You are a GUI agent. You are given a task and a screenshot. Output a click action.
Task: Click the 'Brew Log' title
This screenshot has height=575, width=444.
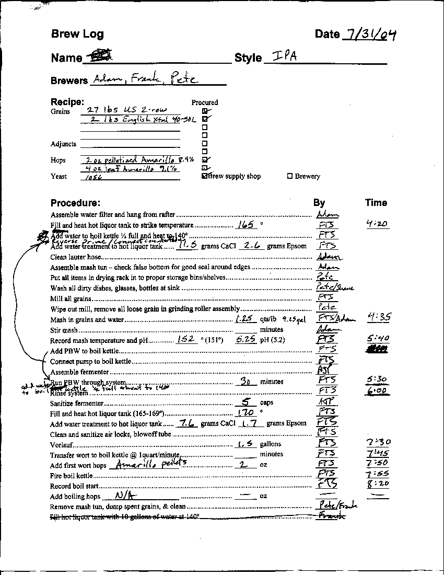(x=77, y=34)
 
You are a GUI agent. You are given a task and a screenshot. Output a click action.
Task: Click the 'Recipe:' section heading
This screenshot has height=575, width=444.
(x=67, y=102)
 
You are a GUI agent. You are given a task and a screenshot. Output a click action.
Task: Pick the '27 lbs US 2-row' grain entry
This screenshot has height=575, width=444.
(x=118, y=110)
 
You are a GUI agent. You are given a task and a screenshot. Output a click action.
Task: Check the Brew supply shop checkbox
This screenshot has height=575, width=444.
(x=205, y=177)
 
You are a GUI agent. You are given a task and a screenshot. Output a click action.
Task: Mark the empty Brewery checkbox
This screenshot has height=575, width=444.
(x=290, y=177)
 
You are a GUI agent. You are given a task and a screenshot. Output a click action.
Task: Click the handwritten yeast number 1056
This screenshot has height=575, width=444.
(x=93, y=177)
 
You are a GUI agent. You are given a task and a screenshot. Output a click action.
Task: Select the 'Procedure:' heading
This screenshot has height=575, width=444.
(x=75, y=203)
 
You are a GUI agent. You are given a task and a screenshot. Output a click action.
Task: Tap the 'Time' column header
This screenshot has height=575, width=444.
(x=376, y=203)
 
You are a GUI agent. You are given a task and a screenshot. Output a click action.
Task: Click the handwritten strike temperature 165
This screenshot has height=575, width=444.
(x=244, y=225)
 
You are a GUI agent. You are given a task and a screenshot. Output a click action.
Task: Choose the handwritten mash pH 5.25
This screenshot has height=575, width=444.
(x=246, y=340)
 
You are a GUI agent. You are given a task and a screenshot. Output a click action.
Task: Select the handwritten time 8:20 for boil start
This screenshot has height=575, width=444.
(x=378, y=484)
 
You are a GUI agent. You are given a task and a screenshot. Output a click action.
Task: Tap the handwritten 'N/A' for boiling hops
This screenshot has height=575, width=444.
(x=125, y=496)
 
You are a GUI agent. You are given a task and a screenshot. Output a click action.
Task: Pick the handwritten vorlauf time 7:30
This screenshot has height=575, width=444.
(x=379, y=443)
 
